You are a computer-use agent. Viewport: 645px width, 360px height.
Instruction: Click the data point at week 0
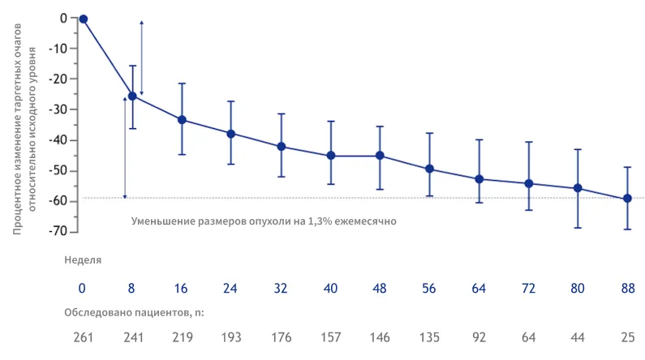(83, 19)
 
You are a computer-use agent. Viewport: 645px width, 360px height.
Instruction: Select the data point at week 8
(132, 96)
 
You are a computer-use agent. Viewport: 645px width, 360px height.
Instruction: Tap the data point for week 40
(330, 156)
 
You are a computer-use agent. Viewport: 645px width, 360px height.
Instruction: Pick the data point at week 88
(627, 199)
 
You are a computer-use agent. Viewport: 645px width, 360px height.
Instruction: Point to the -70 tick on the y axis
(58, 232)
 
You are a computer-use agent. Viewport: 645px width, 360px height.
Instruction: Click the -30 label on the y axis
(58, 109)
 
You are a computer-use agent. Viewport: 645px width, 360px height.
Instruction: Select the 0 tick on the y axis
(62, 18)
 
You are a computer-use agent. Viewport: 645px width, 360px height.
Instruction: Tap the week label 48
(380, 288)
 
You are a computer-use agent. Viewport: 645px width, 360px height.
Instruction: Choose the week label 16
(182, 288)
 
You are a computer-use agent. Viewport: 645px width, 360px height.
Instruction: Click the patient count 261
(82, 336)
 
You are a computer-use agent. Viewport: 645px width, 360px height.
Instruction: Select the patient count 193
(231, 336)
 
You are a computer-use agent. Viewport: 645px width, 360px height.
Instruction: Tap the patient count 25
(627, 336)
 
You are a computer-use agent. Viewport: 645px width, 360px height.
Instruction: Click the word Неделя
(82, 260)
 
